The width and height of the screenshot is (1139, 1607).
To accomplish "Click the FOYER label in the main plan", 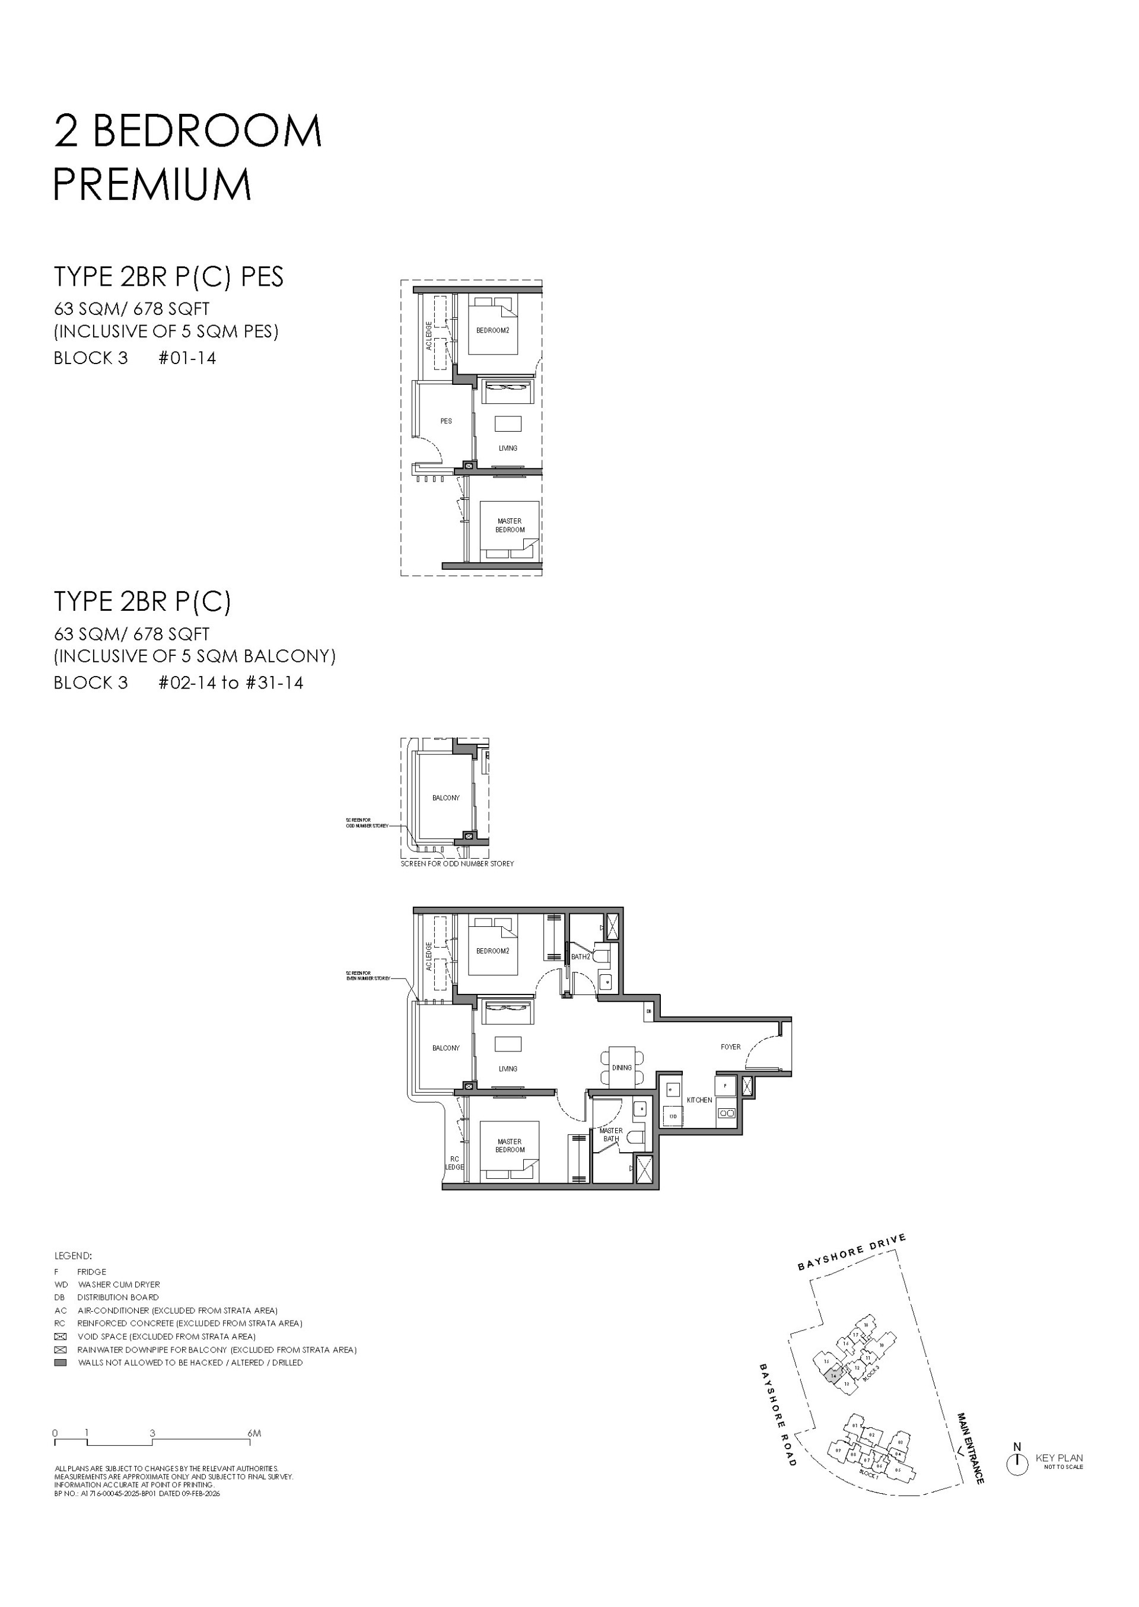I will pyautogui.click(x=730, y=1047).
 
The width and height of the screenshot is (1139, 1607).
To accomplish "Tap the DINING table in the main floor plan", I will pyautogui.click(x=621, y=1067).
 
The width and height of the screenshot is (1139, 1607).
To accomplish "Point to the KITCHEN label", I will pyautogui.click(x=699, y=1100).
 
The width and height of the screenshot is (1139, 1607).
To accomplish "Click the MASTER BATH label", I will pyautogui.click(x=610, y=1134).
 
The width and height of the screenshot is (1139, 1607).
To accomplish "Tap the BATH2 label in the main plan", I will pyautogui.click(x=580, y=956).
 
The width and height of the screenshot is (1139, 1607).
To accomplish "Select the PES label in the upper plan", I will pyautogui.click(x=446, y=422).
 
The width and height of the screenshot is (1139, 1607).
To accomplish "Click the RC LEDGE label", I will pyautogui.click(x=454, y=1163).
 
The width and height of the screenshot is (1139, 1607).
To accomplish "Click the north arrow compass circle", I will pyautogui.click(x=1017, y=1464).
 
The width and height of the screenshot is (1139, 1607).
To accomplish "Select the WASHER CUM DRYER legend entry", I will pyautogui.click(x=119, y=1284).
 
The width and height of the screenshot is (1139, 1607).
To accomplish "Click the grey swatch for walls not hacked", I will pyautogui.click(x=61, y=1362).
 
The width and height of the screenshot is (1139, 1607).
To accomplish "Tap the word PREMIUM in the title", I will pyautogui.click(x=152, y=184).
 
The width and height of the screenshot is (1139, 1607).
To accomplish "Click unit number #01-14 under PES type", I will pyautogui.click(x=187, y=358).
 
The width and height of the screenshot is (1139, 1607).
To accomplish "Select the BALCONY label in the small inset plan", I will pyautogui.click(x=446, y=798).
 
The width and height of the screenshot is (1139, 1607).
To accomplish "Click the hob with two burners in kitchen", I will pyautogui.click(x=726, y=1112).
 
